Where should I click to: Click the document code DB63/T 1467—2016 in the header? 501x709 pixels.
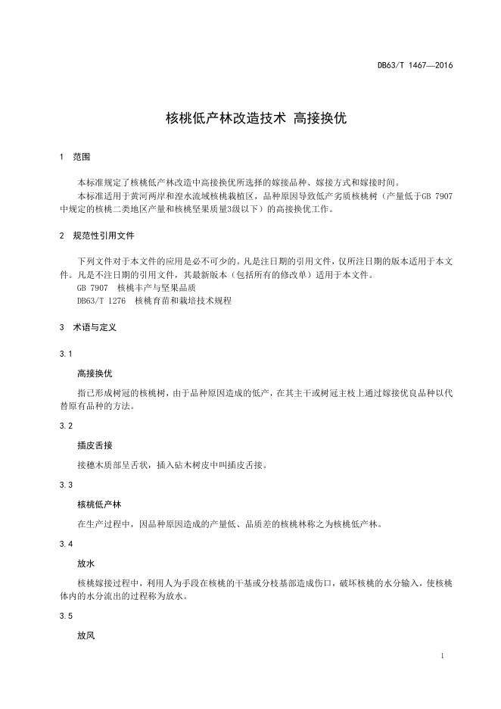[415, 65]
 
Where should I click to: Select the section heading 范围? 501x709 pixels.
[81, 158]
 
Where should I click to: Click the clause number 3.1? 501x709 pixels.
[65, 354]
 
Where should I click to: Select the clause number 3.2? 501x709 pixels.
[65, 426]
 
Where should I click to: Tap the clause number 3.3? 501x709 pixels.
[65, 485]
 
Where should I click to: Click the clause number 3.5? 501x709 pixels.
[65, 617]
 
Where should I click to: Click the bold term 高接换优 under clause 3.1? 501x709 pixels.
[95, 373]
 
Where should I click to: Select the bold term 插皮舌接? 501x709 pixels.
[95, 445]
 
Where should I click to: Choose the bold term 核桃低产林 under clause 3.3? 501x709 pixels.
[99, 504]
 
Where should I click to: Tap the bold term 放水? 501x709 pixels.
[86, 564]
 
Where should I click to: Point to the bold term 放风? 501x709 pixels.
[86, 636]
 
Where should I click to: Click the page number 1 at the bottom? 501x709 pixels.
[441, 655]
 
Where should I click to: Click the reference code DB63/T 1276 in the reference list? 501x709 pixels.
[101, 301]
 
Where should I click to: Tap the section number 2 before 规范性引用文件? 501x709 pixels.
[61, 236]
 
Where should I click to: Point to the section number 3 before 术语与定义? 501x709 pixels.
[61, 328]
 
